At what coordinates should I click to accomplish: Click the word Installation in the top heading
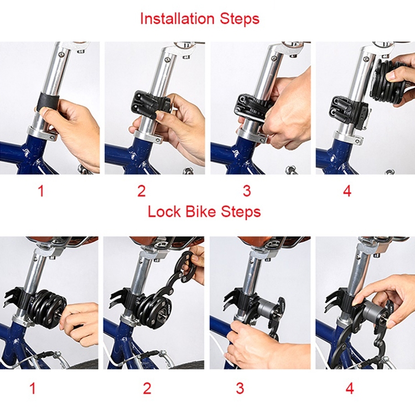[177, 18]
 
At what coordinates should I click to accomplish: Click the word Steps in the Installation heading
[240, 19]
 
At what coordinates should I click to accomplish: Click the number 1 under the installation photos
[41, 191]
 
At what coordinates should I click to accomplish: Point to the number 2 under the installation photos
[142, 191]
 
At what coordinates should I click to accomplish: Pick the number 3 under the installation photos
[247, 191]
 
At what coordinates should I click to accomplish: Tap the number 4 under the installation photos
[347, 191]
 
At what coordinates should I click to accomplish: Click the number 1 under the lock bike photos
[33, 388]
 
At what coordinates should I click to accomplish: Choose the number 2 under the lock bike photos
[147, 388]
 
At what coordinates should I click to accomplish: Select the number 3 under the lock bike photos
[240, 388]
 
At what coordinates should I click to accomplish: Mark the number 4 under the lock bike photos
[350, 388]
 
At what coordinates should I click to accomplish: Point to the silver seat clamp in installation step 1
[43, 134]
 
